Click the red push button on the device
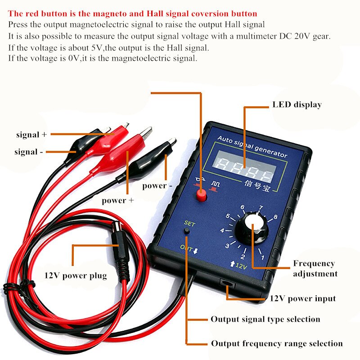[x=201, y=195]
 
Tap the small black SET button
[x=187, y=231]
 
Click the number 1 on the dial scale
[x=262, y=258]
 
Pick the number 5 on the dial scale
[x=228, y=216]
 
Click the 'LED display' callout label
[x=297, y=105]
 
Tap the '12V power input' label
[x=302, y=298]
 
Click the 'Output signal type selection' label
[x=265, y=319]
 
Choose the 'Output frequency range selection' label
[x=277, y=343]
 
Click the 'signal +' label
[x=31, y=134]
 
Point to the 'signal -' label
[x=29, y=152]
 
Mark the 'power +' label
[x=117, y=200]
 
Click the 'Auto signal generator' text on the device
[x=252, y=147]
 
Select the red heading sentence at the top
[x=133, y=14]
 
